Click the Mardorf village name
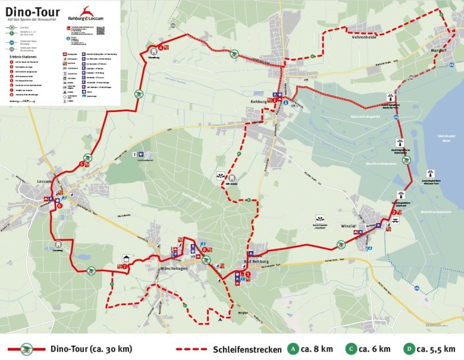click(x=439, y=51)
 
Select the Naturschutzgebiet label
click(x=366, y=117)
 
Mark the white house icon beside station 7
click(x=127, y=258)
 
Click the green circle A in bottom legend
click(x=292, y=349)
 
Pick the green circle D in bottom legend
click(x=409, y=349)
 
